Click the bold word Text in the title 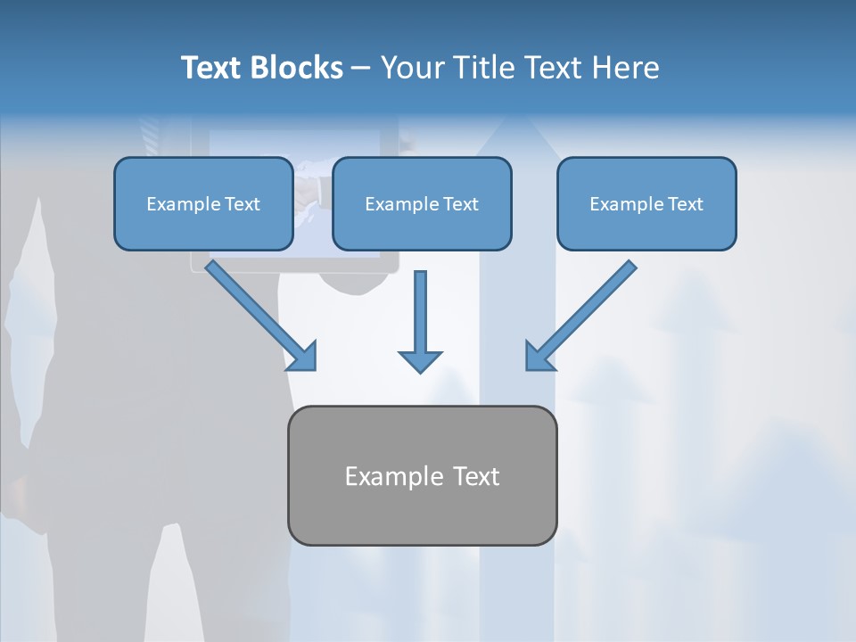pos(211,68)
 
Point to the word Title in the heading pos(487,68)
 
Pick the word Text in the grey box pos(476,476)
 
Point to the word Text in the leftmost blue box pos(242,204)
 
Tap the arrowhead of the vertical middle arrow pos(420,360)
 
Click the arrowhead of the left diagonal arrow pos(303,356)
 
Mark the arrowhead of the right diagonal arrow pos(539,356)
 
